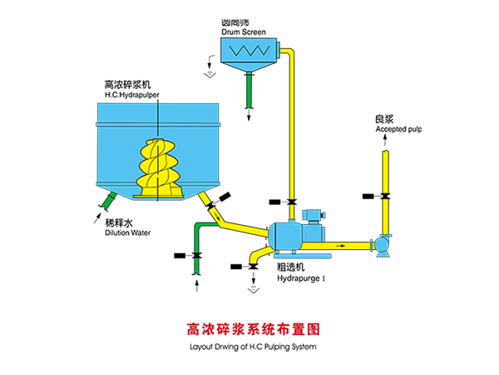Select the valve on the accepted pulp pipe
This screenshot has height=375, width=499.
pos(384,196)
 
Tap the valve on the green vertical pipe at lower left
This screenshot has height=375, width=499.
pos(196,253)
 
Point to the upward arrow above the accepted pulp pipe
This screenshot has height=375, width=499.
pos(384,143)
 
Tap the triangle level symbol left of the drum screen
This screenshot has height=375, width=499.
pos(210,72)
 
